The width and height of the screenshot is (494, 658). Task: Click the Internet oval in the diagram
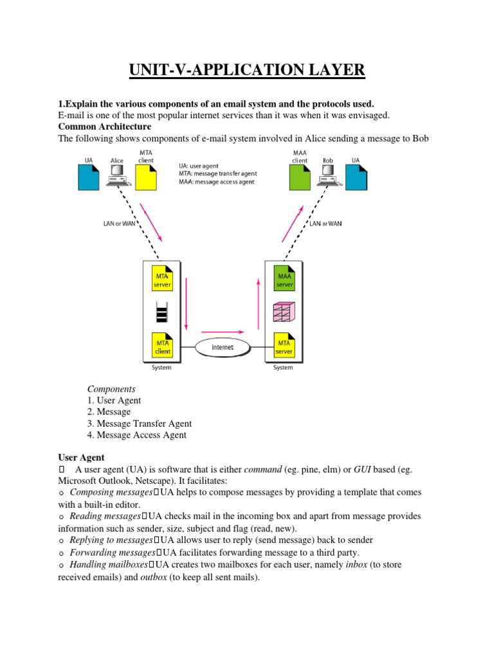(223, 348)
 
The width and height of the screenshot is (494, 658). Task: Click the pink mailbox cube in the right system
(284, 312)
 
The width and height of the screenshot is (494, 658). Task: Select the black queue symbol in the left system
(161, 312)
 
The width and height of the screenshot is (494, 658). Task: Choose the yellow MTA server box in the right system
(284, 345)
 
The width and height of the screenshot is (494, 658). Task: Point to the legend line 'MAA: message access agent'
(217, 182)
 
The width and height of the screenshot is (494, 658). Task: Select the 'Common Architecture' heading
(105, 127)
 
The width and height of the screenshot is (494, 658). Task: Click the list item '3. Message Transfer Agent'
(139, 423)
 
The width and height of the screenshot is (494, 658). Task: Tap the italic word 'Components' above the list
(111, 389)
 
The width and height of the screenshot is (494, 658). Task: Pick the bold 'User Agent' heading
(81, 458)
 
